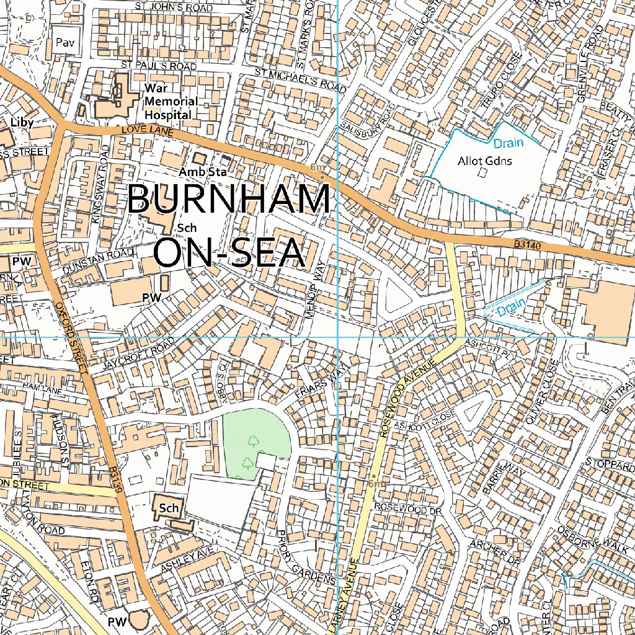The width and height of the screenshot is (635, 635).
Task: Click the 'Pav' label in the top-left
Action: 64,42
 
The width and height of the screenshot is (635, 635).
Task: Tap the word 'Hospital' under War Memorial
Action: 167,115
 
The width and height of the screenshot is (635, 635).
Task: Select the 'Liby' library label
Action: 22,122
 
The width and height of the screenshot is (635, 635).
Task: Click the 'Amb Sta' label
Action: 202,171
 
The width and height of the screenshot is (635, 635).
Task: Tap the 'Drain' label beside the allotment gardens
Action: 508,143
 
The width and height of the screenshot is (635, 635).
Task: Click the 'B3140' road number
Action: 528,246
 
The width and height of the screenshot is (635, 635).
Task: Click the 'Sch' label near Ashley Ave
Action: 168,508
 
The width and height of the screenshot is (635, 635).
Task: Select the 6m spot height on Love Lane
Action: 317,168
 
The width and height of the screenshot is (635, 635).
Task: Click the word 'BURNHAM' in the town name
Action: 228,200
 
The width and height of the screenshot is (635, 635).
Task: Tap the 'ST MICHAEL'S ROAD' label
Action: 301,81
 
